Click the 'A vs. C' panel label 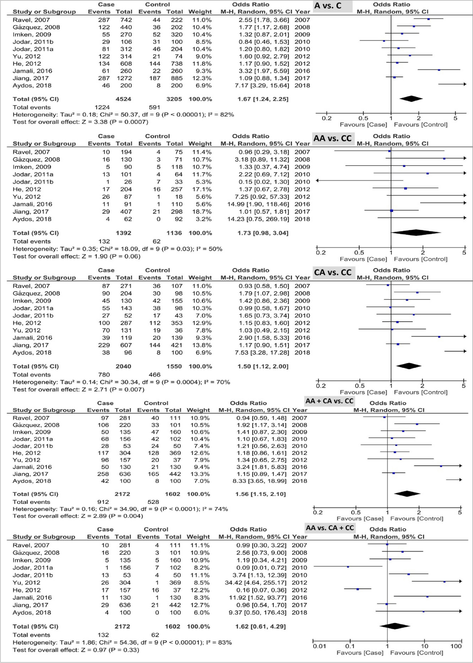point(328,6)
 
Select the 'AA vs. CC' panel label point(332,138)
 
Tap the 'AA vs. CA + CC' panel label point(330,528)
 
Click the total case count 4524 point(123,99)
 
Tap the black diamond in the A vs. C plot point(411,99)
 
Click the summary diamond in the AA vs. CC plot point(416,233)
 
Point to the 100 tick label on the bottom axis point(456,646)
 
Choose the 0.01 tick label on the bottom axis point(319,646)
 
